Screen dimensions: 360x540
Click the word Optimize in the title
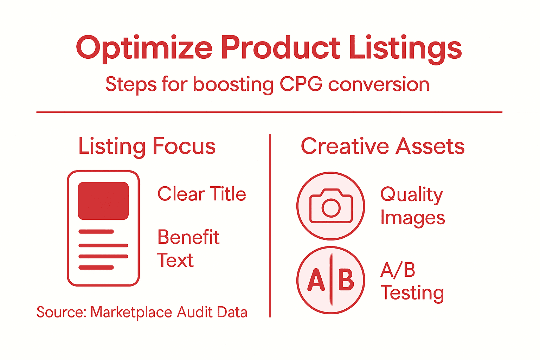[144, 48]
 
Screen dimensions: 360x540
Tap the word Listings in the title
[405, 48]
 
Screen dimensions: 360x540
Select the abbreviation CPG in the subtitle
[301, 84]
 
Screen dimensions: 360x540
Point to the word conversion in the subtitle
[379, 84]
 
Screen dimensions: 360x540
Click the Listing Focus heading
[147, 146]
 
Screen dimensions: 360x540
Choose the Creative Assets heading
[382, 146]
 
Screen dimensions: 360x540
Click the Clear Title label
[201, 194]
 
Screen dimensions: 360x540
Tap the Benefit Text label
[188, 249]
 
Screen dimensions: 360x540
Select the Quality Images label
[412, 206]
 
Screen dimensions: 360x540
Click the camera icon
[331, 206]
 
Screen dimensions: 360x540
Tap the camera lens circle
[331, 208]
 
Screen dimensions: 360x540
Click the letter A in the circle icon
[316, 280]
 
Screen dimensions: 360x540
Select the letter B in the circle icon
[346, 280]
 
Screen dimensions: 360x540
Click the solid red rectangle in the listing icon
[103, 201]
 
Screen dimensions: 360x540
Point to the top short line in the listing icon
[96, 232]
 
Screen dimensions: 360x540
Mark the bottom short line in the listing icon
[96, 268]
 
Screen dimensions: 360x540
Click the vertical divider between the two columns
[270, 225]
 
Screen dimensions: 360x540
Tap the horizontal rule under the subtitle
[269, 112]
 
